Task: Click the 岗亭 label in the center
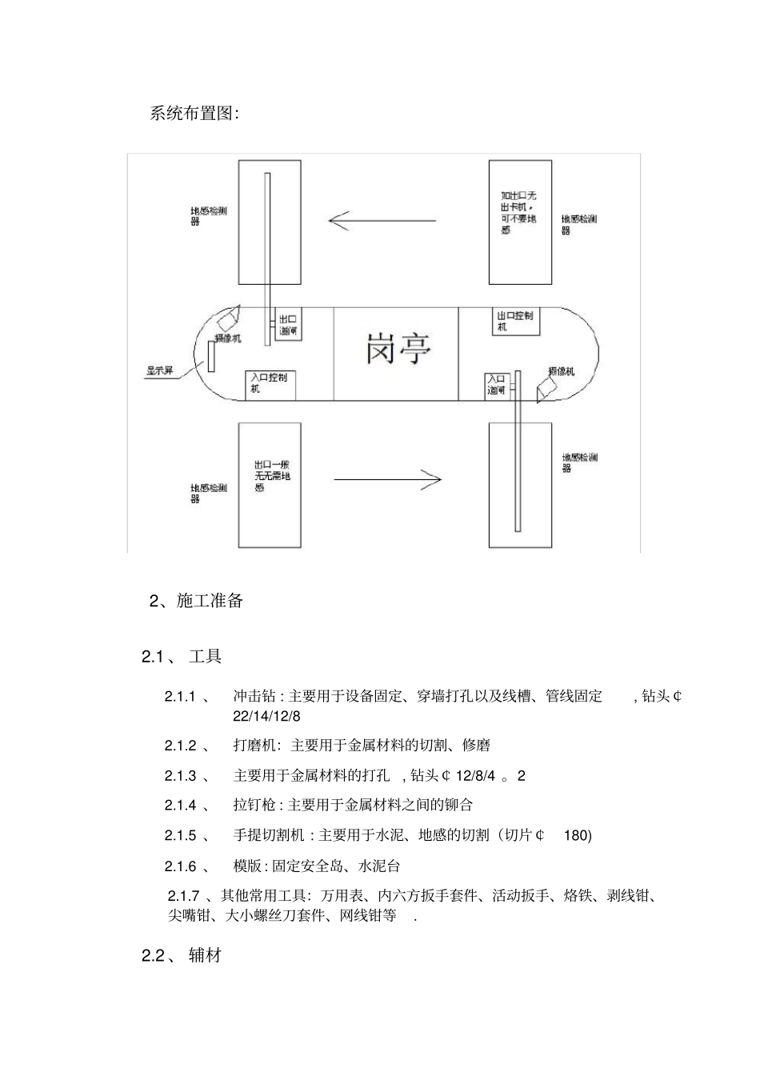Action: point(398,350)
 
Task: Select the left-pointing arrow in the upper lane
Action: point(382,220)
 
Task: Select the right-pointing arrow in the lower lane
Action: point(387,480)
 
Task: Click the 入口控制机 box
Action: point(270,385)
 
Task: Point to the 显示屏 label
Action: point(159,370)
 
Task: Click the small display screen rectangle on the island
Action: point(212,356)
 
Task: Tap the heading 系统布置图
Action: point(194,114)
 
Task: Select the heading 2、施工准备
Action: point(196,601)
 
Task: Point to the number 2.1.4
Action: point(181,805)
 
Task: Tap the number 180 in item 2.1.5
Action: point(578,836)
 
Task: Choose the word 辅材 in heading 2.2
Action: point(206,955)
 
